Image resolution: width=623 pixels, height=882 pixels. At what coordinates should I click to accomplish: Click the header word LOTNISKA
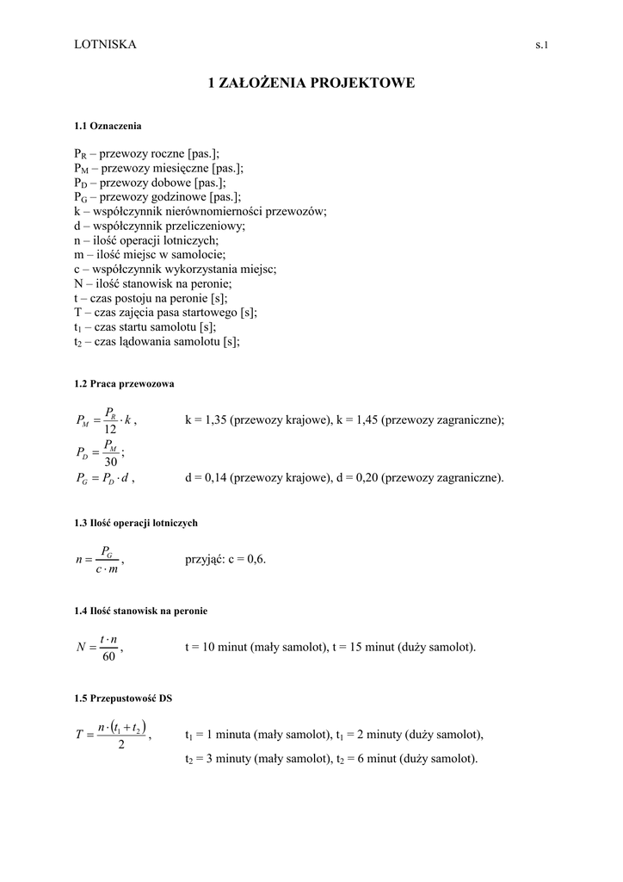tap(105, 44)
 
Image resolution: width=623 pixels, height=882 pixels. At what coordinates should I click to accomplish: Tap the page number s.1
tap(541, 45)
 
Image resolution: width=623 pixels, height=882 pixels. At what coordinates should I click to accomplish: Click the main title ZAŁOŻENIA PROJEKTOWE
tap(311, 84)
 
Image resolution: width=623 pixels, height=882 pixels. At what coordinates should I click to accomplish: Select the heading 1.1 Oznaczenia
tap(108, 126)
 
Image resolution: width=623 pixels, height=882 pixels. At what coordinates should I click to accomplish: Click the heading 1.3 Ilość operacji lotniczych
tap(136, 523)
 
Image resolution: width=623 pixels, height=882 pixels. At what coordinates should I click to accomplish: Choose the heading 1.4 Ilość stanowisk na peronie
tap(141, 611)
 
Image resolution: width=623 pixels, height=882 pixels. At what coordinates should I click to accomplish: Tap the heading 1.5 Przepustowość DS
tap(123, 699)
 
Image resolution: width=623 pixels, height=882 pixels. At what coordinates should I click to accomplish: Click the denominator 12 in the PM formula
tap(110, 430)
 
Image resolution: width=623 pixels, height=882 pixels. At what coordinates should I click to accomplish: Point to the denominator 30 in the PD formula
tap(110, 462)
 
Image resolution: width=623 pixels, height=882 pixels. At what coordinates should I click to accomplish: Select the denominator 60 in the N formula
tap(109, 657)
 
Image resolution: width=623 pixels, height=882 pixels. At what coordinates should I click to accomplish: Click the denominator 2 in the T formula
tap(121, 745)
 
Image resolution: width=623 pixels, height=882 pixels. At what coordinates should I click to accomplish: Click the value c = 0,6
tap(246, 559)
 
